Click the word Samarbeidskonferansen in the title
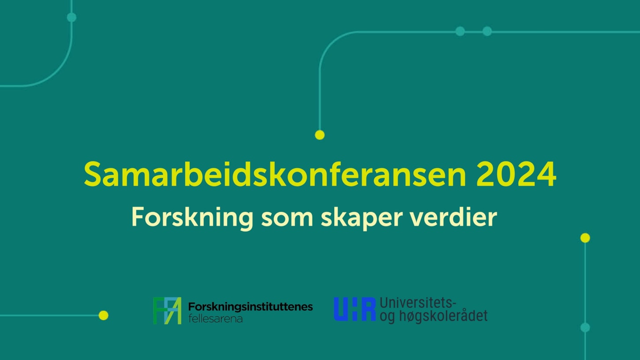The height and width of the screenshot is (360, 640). point(275,174)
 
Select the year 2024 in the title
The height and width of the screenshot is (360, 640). point(516,174)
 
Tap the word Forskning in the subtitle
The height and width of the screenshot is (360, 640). point(192,218)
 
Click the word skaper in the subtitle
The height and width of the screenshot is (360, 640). point(362,219)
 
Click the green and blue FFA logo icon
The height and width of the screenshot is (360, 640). point(167,310)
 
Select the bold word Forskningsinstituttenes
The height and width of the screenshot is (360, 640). point(251,307)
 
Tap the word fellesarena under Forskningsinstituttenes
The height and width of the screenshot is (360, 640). point(215,319)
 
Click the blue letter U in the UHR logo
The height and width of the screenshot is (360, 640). point(341,309)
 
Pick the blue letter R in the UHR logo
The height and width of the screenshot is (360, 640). point(368,309)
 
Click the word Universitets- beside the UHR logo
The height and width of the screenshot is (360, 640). point(418,303)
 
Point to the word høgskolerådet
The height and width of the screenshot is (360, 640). point(443,316)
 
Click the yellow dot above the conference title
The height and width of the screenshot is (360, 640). point(320,135)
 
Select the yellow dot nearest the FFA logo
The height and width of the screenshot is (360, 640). point(103,315)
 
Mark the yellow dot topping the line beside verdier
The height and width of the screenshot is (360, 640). point(585,238)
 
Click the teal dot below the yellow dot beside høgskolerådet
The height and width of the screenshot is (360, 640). point(585,327)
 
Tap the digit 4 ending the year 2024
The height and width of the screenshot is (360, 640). point(546,174)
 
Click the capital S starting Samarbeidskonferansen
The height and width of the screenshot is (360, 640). point(94,174)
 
